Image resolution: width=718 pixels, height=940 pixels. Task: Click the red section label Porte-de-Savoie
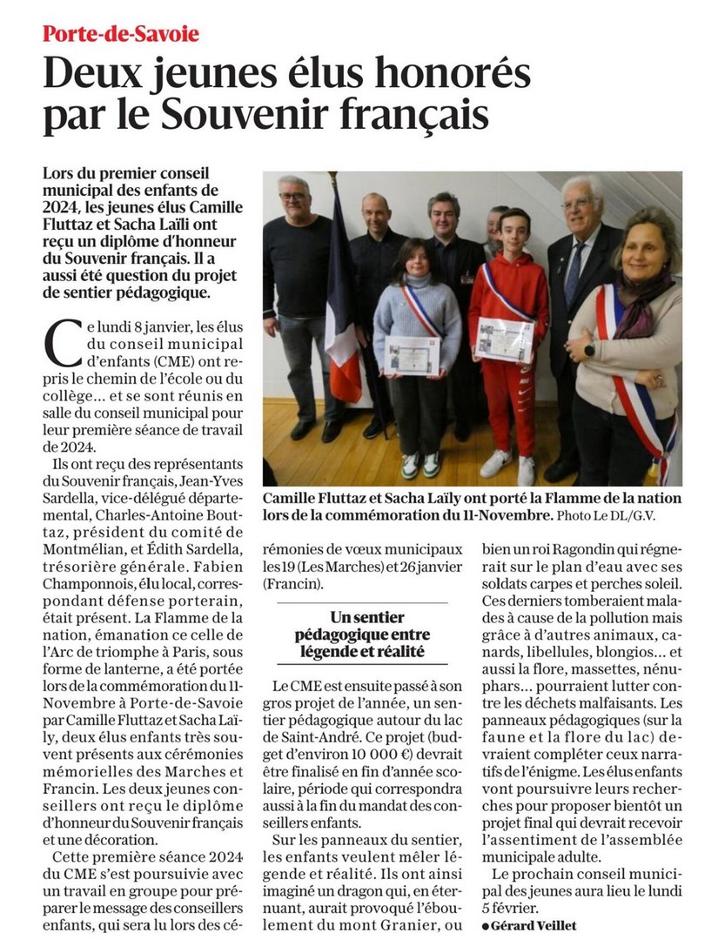[121, 35]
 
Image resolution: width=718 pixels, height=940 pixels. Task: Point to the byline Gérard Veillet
[532, 925]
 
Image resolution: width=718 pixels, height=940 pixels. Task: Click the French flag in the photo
[340, 296]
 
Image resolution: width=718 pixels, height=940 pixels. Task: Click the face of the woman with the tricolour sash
[646, 241]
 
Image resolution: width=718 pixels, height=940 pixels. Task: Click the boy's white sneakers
[509, 467]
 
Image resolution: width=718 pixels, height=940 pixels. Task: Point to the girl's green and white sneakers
[419, 466]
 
